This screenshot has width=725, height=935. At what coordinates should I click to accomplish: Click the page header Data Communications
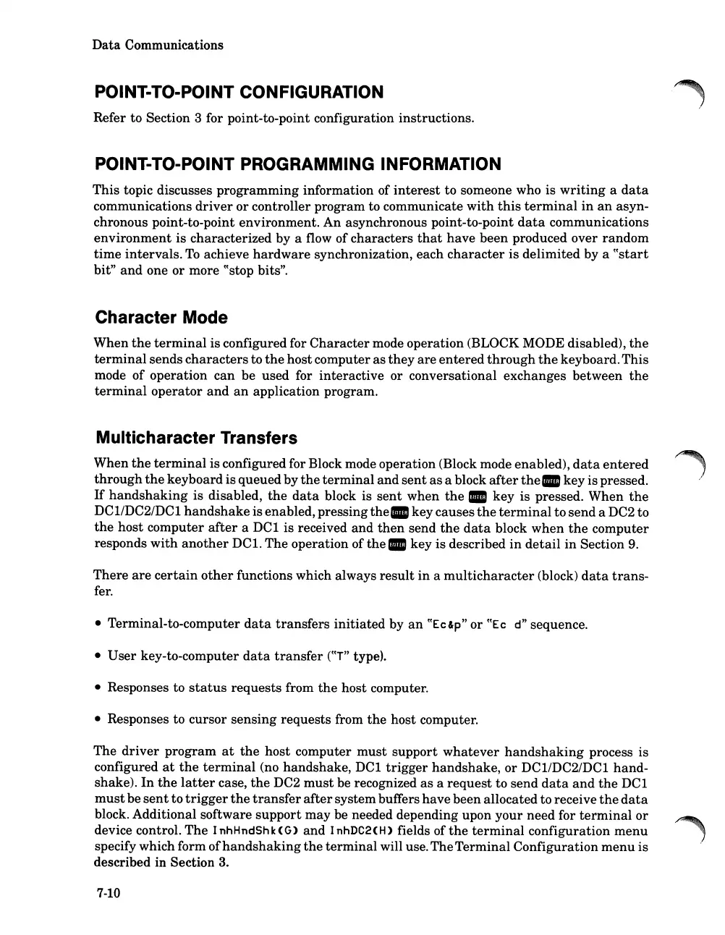158,45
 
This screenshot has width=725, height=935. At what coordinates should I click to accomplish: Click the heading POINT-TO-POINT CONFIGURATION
239,93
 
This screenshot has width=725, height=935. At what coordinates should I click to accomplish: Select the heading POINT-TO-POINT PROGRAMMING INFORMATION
297,164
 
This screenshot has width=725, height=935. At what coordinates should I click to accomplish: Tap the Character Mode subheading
161,318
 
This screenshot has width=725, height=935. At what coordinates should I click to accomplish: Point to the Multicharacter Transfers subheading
195,438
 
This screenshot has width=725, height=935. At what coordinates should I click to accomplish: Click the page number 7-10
107,892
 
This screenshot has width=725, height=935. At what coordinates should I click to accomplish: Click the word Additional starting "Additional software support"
127,815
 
